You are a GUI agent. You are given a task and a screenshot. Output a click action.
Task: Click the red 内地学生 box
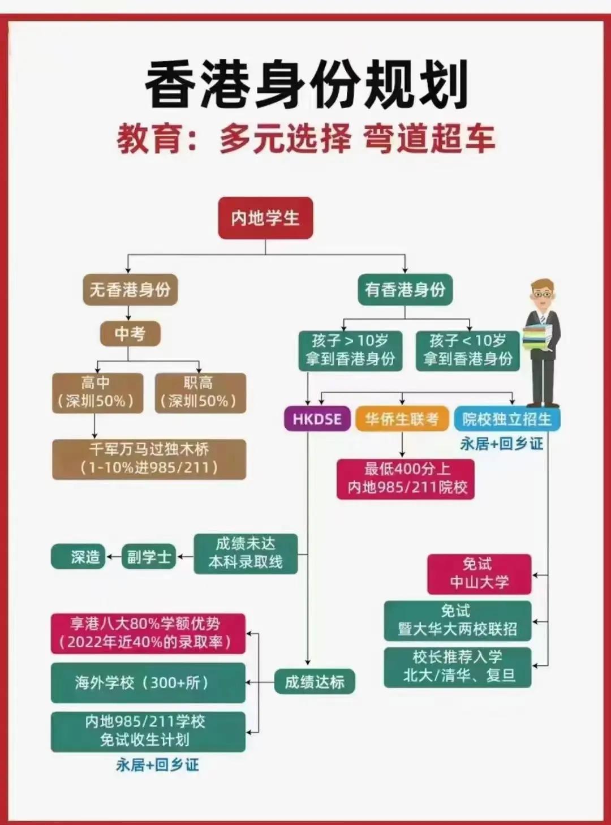(265, 218)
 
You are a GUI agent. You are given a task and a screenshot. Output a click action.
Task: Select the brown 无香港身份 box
(130, 290)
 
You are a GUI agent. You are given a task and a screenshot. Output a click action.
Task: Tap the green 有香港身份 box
(405, 290)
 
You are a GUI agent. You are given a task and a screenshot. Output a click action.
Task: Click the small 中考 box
(130, 333)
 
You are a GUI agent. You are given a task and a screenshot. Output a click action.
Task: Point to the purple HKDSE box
(317, 419)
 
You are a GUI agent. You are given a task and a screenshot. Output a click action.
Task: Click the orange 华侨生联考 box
(402, 419)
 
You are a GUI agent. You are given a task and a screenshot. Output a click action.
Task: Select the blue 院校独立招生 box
(506, 419)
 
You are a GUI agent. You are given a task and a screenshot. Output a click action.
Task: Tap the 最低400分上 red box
(406, 478)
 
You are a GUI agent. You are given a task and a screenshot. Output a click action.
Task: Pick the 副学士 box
(149, 557)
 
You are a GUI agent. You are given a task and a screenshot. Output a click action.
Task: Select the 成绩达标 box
(314, 682)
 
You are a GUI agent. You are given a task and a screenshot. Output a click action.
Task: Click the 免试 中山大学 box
(479, 573)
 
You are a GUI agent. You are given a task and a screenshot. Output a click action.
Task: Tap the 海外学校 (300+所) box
(148, 682)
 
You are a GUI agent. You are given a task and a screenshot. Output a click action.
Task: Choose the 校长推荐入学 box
(458, 667)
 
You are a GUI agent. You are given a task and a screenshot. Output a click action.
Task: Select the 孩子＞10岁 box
(350, 350)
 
